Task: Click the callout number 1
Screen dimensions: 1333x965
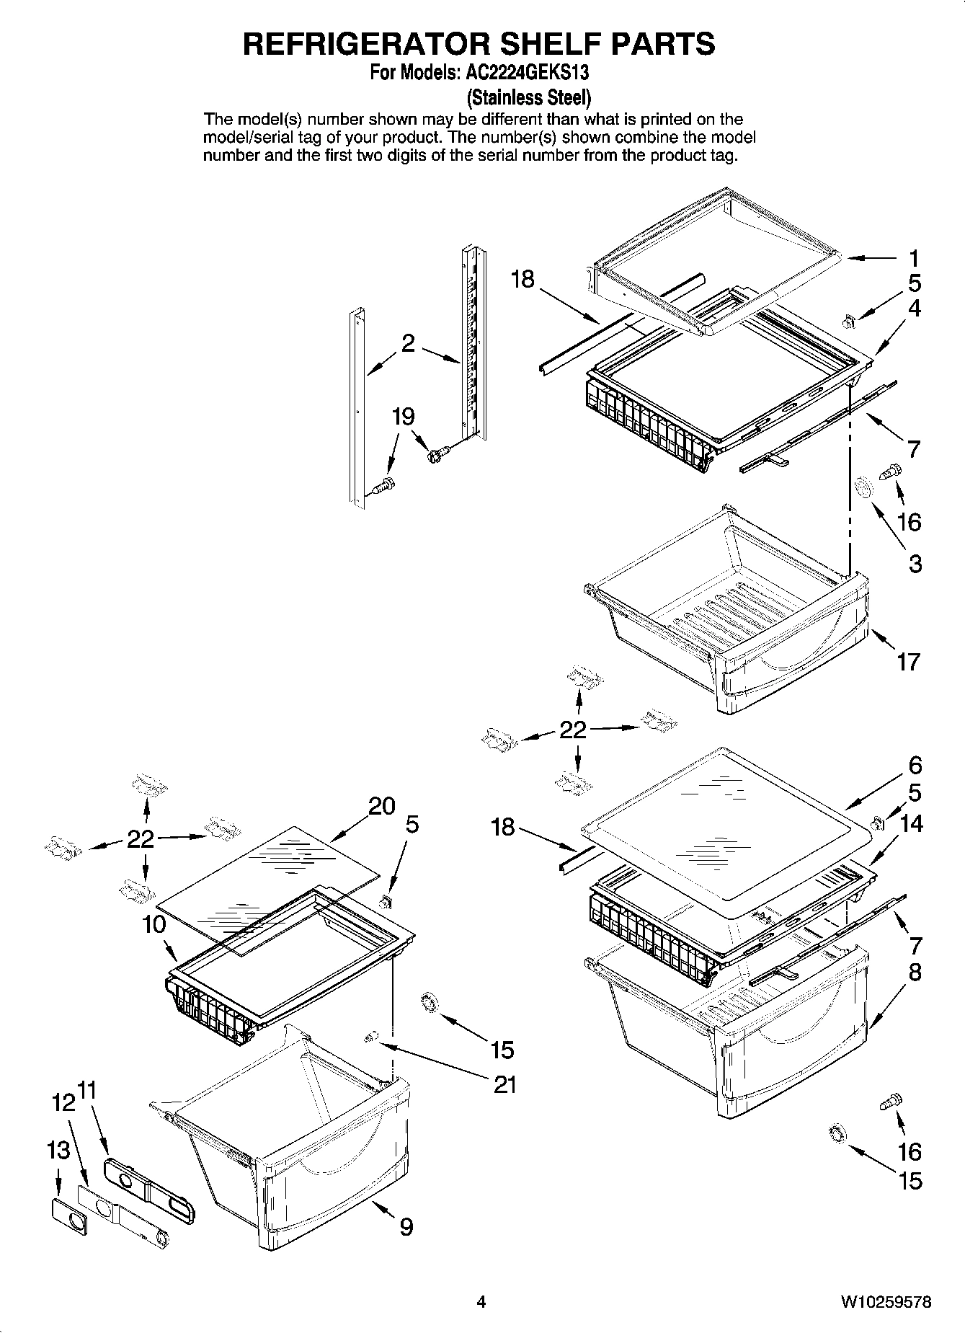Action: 914,258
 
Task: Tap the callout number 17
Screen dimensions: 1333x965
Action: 908,660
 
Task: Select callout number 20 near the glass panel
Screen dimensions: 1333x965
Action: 382,806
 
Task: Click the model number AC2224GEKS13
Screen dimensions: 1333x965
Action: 524,72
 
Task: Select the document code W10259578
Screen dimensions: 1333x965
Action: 885,1302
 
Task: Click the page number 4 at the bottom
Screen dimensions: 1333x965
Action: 481,1302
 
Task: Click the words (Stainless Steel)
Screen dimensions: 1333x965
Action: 529,96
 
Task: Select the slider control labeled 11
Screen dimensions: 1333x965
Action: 149,1187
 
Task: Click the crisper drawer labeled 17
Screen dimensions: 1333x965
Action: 728,613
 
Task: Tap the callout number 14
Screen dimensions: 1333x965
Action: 912,823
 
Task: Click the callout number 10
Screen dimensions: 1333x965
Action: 154,924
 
